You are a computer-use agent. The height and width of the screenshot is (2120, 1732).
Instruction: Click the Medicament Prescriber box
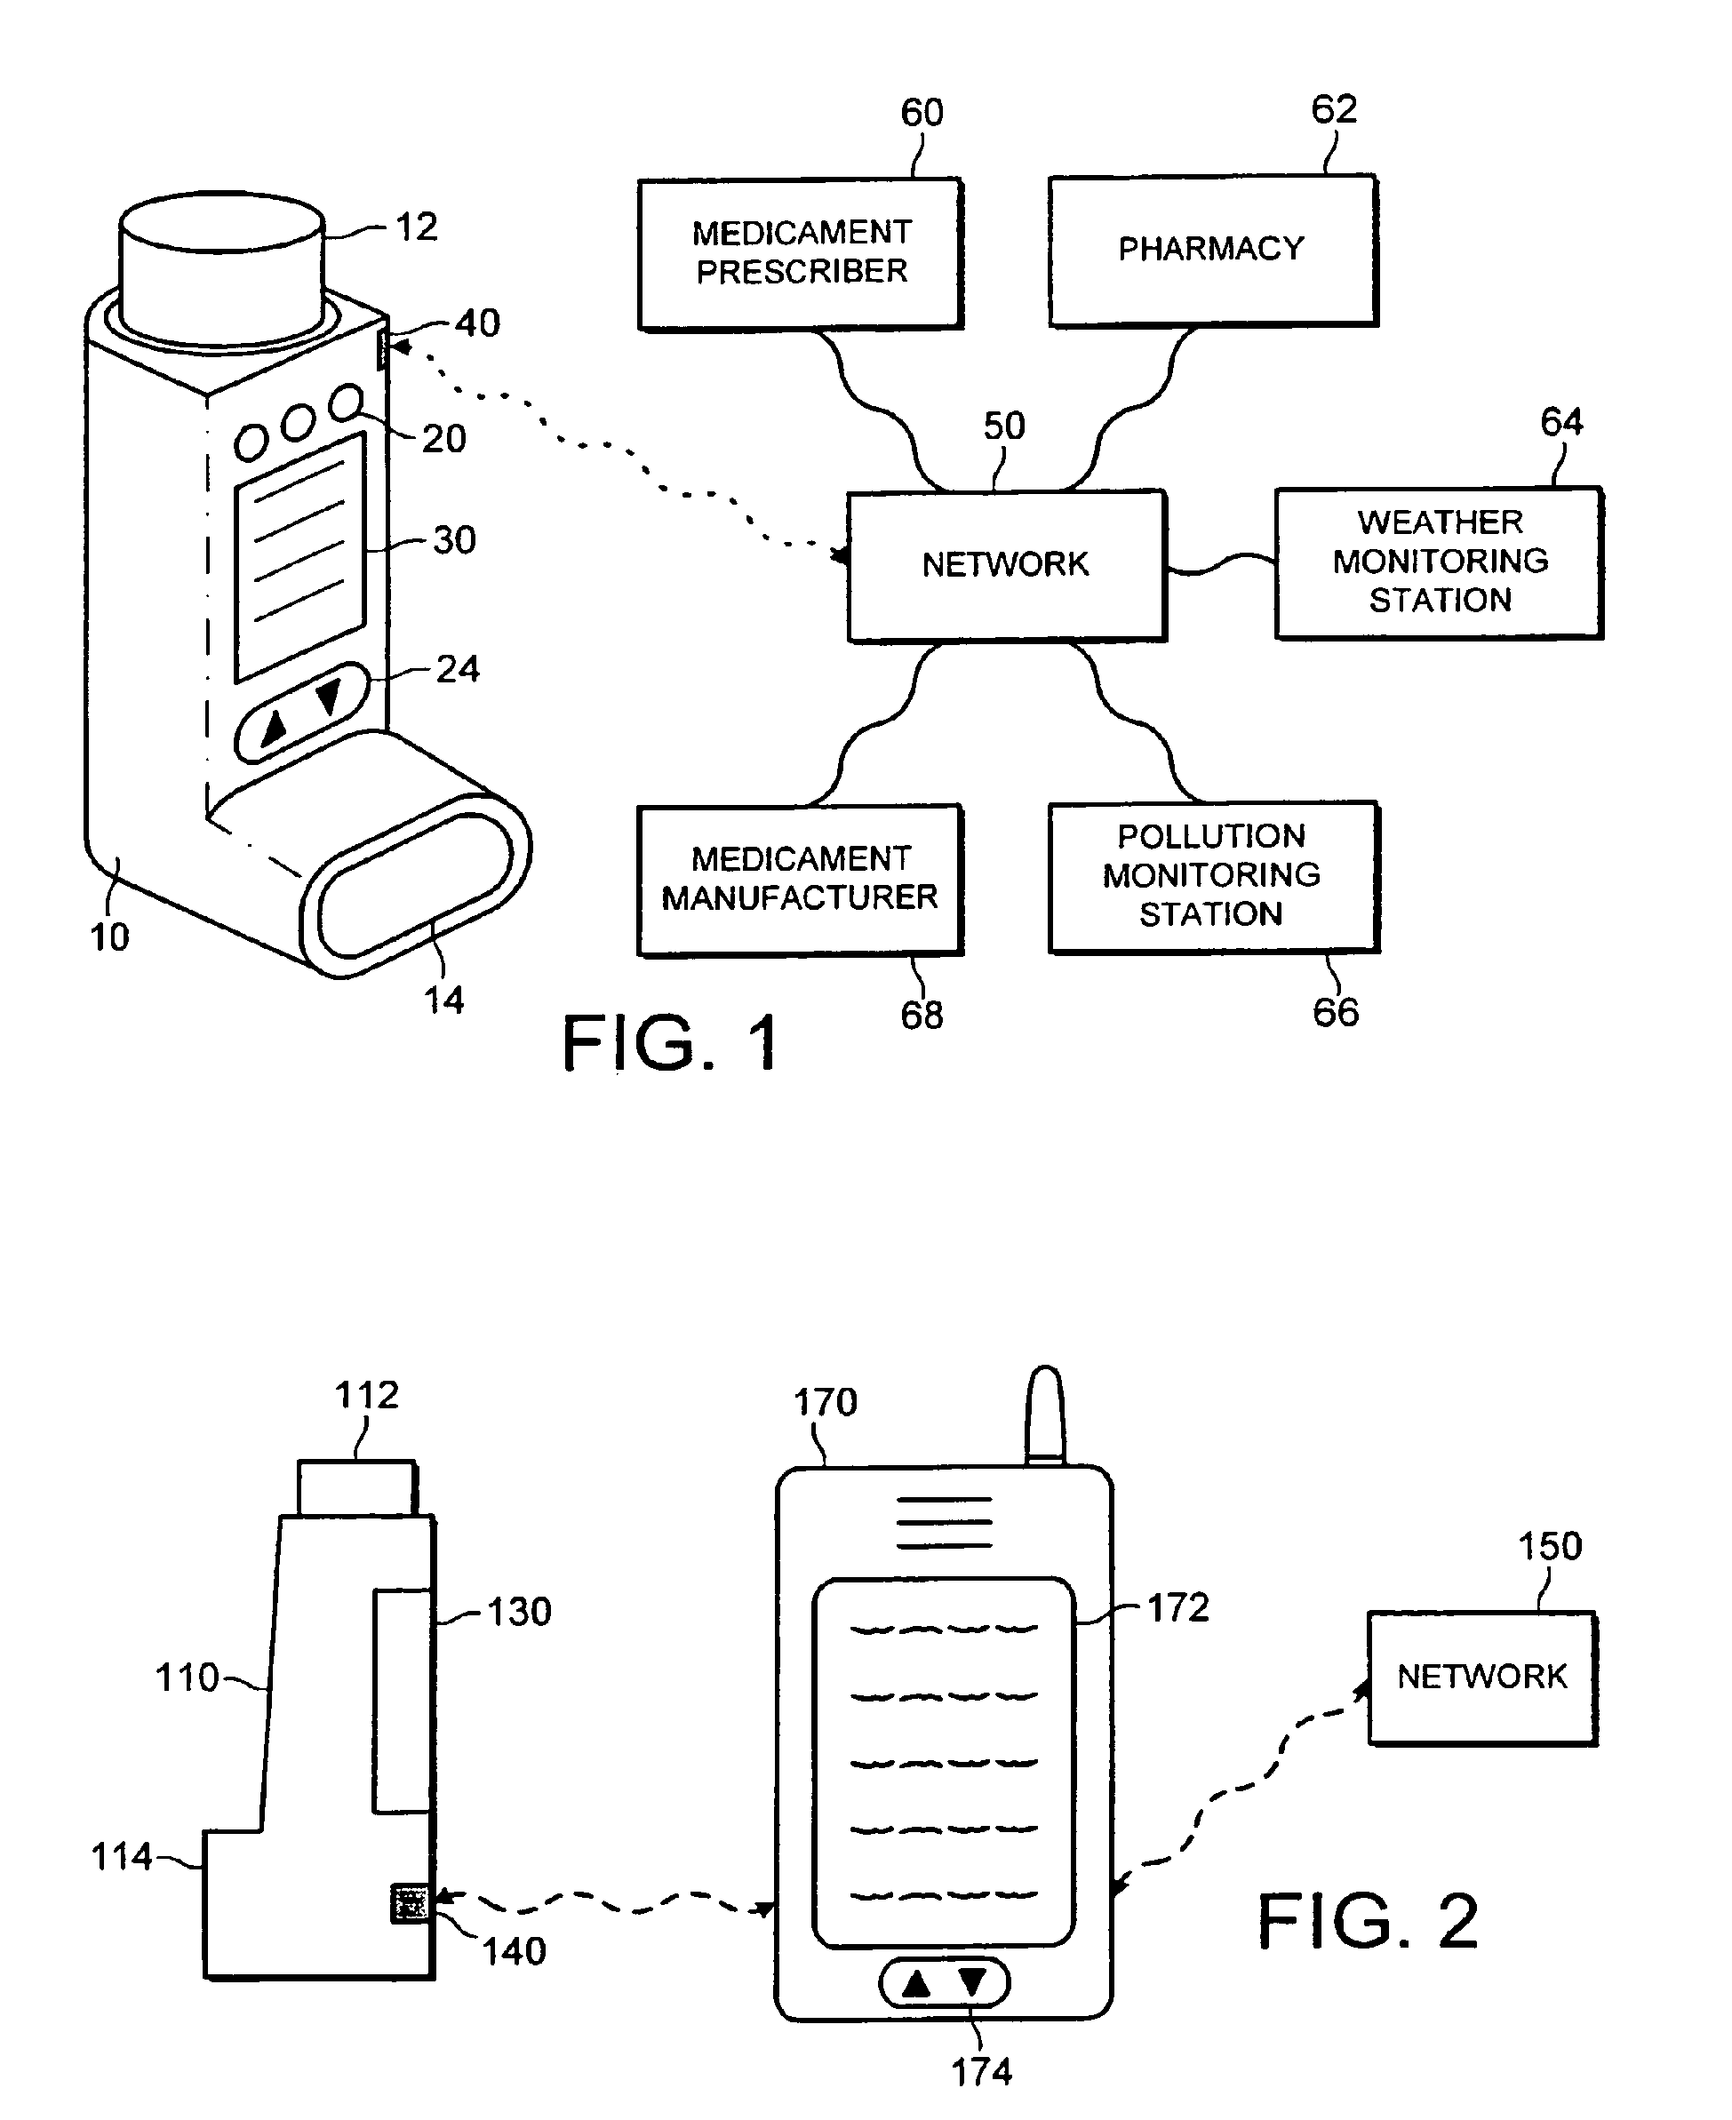point(800,253)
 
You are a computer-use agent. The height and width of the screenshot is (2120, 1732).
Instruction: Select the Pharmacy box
point(1213,251)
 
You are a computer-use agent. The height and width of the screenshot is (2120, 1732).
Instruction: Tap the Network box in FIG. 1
point(1007,566)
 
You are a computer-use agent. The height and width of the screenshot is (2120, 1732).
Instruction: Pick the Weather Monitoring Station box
point(1440,562)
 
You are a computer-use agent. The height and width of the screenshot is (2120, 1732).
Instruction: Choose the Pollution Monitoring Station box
point(1214,877)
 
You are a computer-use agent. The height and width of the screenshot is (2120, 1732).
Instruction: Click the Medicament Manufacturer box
point(800,880)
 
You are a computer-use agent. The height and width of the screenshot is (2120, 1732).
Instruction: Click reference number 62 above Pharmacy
point(1334,108)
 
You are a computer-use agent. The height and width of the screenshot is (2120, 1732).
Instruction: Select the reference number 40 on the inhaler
point(478,323)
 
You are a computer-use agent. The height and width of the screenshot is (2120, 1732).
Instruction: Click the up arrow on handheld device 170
point(916,1983)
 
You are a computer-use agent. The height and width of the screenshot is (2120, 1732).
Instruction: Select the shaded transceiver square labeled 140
point(409,1903)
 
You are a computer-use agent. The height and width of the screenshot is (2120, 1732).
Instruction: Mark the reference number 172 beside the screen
point(1178,1607)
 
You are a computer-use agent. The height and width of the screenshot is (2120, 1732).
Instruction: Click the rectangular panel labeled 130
point(403,1701)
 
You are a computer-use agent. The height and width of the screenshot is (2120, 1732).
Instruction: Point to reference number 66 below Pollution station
point(1335,1013)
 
